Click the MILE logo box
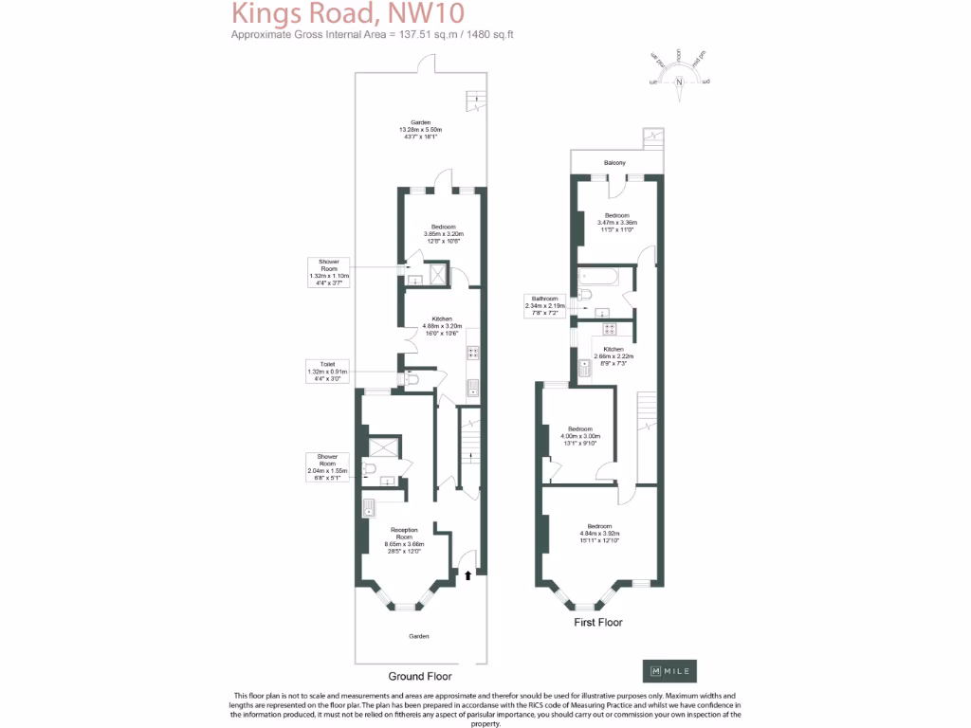click(669, 670)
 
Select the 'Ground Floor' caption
click(419, 677)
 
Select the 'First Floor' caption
click(598, 623)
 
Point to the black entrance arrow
click(467, 573)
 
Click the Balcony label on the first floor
click(614, 163)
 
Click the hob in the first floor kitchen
click(610, 330)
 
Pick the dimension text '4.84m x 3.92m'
click(599, 533)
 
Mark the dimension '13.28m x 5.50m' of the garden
click(420, 130)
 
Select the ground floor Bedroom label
click(442, 227)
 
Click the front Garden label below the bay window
click(419, 636)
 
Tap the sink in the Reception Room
click(368, 509)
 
